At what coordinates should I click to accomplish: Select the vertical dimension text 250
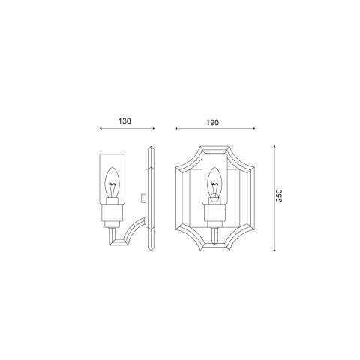point(279,196)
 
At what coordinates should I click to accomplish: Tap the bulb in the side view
point(113,189)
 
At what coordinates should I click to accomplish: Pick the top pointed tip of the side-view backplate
point(151,148)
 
